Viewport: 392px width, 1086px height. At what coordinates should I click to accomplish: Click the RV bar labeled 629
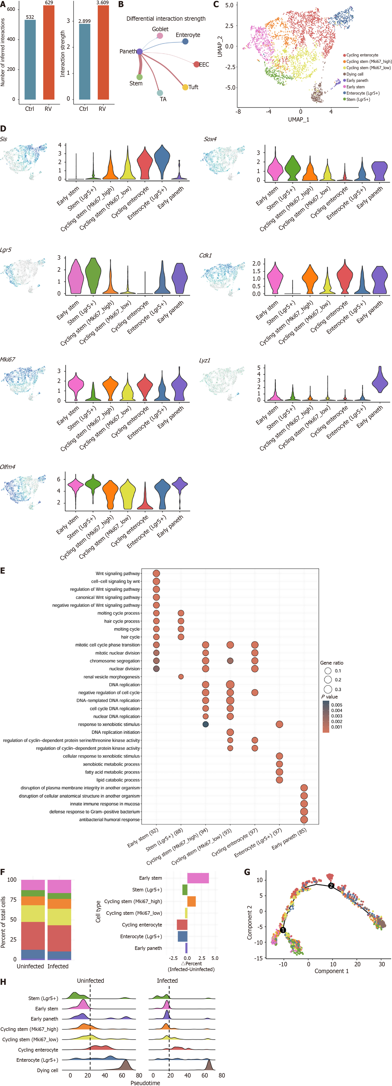(49, 53)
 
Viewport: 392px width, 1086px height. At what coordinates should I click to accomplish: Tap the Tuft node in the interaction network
(185, 87)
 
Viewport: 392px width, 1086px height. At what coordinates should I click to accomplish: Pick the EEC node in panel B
(196, 65)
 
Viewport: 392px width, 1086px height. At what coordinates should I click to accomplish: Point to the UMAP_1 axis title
(298, 119)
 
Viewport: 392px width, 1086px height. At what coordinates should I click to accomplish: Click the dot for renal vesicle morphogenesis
(181, 677)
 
